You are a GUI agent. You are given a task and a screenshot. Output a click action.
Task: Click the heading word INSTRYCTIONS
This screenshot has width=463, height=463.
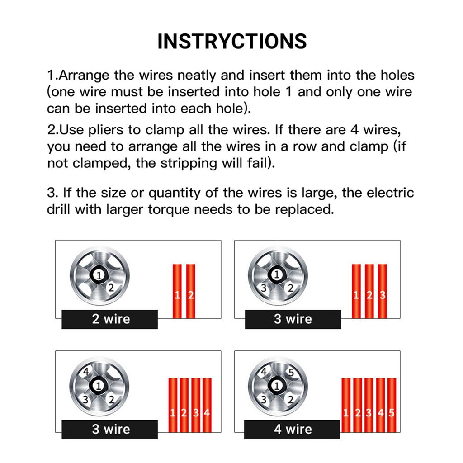click(x=231, y=41)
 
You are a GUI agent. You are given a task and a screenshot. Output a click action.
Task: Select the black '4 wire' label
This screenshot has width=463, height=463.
click(x=292, y=429)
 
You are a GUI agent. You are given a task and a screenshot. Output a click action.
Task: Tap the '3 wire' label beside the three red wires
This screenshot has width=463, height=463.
click(x=293, y=319)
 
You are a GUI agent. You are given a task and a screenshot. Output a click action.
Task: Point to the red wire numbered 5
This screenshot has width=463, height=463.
click(x=392, y=405)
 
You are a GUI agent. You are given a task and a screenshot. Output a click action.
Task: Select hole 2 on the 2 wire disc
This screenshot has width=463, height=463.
click(x=110, y=287)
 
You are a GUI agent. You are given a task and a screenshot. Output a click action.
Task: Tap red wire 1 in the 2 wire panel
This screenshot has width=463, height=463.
click(x=177, y=291)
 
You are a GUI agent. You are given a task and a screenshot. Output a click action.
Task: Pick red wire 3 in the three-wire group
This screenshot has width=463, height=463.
click(x=383, y=291)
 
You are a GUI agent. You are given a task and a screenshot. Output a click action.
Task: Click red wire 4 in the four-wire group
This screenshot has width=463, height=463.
click(x=207, y=405)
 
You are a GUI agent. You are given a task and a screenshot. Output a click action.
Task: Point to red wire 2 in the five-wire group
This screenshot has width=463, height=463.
click(x=358, y=405)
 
